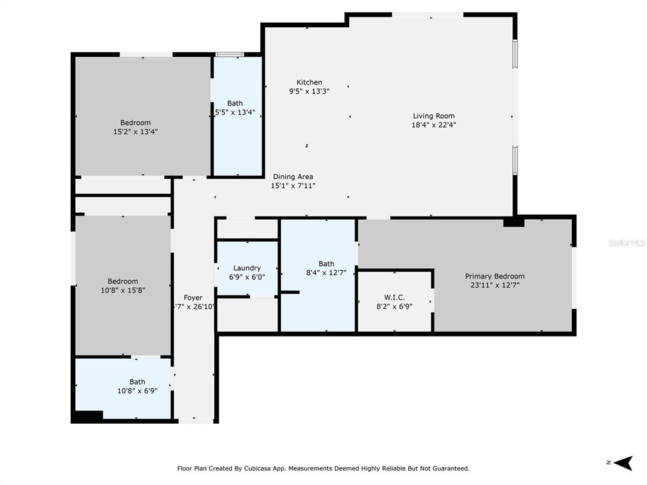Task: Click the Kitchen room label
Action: (310, 82)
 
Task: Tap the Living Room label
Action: (433, 116)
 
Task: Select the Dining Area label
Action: (293, 177)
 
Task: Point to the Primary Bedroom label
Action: (495, 276)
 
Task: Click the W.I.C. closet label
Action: (394, 297)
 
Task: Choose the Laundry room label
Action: (246, 268)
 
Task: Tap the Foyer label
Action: (193, 297)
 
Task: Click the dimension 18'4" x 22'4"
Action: (433, 124)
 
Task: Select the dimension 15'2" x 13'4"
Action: (135, 132)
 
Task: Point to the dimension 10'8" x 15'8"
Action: (123, 290)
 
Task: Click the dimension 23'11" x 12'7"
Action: (495, 285)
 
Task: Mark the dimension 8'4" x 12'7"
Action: (326, 273)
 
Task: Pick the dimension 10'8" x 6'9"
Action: (137, 390)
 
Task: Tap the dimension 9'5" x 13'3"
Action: (310, 91)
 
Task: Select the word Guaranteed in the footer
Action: (449, 469)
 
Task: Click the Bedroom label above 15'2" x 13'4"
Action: (135, 123)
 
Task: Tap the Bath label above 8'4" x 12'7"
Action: (326, 264)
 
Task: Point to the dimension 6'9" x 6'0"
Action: (246, 277)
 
